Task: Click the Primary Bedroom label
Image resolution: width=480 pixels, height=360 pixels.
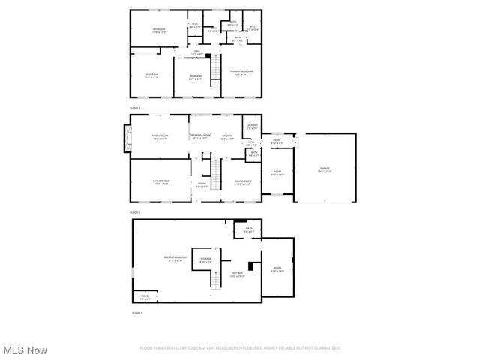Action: tap(241, 73)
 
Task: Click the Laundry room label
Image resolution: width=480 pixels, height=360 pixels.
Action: tap(252, 126)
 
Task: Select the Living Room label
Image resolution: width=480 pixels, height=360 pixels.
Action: tap(160, 181)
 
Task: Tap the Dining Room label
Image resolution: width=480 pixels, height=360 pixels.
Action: tap(243, 181)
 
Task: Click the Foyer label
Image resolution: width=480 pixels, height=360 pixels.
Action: tap(202, 184)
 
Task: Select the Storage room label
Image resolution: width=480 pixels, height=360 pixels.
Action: tap(205, 260)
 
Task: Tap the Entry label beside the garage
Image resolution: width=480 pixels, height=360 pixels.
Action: tap(277, 142)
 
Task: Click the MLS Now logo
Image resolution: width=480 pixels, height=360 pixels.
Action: tap(25, 350)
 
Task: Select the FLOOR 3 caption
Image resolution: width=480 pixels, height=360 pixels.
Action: tap(136, 108)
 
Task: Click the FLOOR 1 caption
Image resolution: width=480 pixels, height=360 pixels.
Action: tap(137, 312)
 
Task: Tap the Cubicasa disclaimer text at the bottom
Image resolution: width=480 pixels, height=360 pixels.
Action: tap(240, 348)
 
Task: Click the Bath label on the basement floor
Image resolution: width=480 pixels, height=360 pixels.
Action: tap(248, 229)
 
